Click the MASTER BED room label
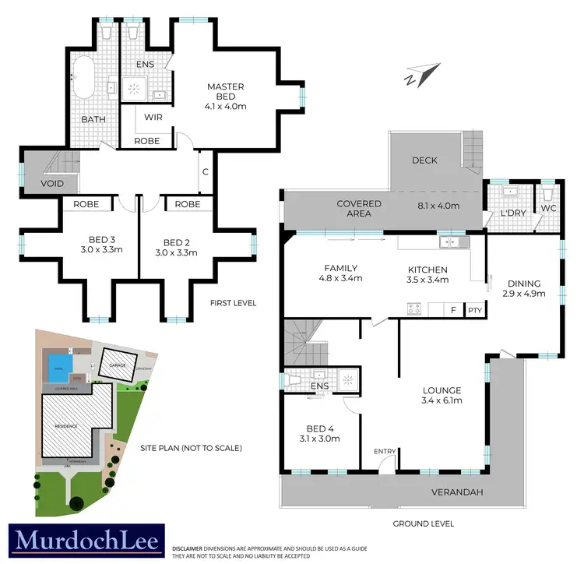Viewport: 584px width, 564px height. click(225, 92)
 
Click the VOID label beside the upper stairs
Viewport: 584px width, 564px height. click(42, 184)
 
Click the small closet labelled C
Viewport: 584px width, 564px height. click(205, 172)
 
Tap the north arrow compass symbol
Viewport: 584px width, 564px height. click(417, 76)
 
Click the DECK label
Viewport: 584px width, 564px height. click(424, 160)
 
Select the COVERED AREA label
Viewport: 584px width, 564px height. click(359, 209)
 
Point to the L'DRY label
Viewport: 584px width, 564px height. click(511, 213)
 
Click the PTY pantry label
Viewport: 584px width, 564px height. click(475, 310)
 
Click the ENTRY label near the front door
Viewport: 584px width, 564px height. click(385, 452)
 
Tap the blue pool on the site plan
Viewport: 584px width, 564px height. click(57, 365)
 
